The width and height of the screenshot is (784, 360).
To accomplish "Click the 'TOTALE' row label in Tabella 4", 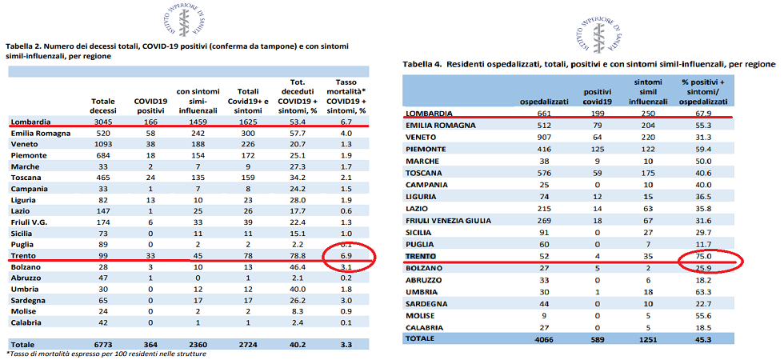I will tap(422, 339).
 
